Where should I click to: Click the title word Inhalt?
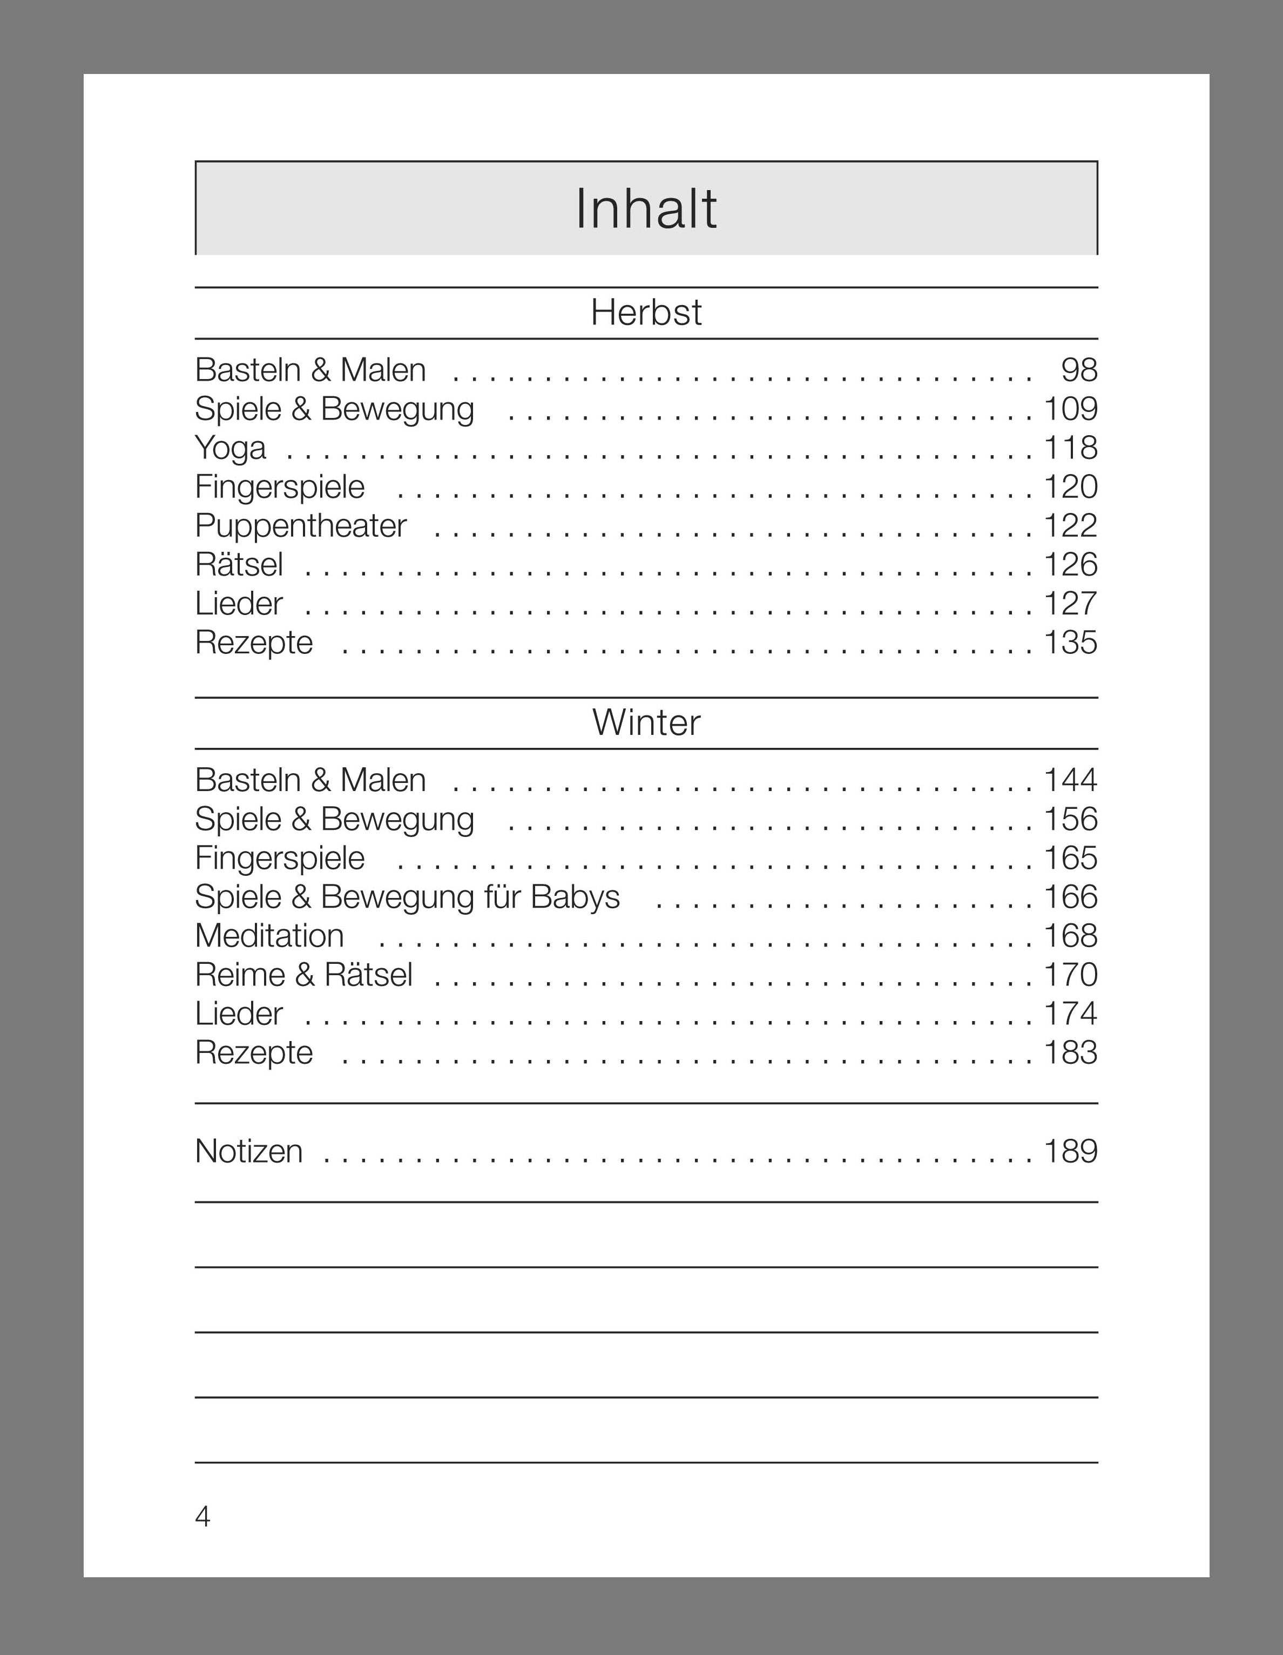pyautogui.click(x=646, y=208)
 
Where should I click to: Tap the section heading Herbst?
pyautogui.click(x=646, y=312)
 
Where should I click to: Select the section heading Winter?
pyautogui.click(x=646, y=722)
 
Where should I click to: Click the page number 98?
pyautogui.click(x=1079, y=370)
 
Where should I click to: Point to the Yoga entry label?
pyautogui.click(x=231, y=448)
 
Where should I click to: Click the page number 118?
pyautogui.click(x=1070, y=448)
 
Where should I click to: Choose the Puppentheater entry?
pyautogui.click(x=301, y=526)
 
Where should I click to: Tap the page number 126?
pyautogui.click(x=1070, y=565)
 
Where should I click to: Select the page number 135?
pyautogui.click(x=1070, y=643)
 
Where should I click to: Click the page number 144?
pyautogui.click(x=1070, y=780)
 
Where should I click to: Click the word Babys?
pyautogui.click(x=575, y=897)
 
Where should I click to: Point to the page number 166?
pyautogui.click(x=1070, y=897)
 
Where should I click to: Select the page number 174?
pyautogui.click(x=1070, y=1014)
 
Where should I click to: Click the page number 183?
pyautogui.click(x=1070, y=1052)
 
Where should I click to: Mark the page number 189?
pyautogui.click(x=1070, y=1151)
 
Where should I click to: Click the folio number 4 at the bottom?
pyautogui.click(x=202, y=1516)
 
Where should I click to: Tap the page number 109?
pyautogui.click(x=1070, y=409)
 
